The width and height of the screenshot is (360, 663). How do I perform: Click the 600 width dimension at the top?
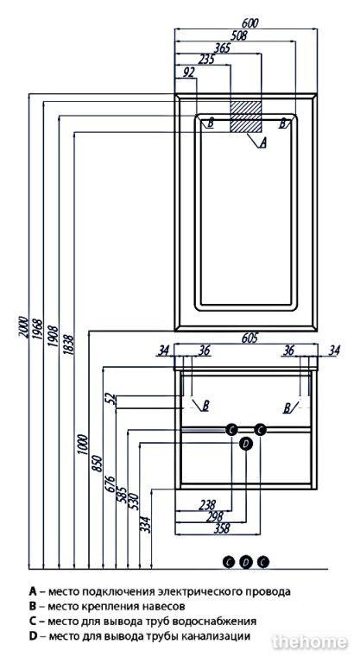tap(250, 22)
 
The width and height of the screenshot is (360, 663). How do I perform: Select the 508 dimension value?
tap(237, 35)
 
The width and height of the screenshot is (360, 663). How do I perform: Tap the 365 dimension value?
tap(221, 47)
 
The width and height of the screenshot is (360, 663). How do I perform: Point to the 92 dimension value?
tap(188, 73)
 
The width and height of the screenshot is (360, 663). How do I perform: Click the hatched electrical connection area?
tap(246, 117)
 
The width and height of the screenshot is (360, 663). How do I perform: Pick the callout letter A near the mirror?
tap(262, 143)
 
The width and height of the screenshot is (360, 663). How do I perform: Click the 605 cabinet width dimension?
tap(249, 338)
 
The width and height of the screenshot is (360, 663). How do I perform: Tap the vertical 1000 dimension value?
tap(83, 444)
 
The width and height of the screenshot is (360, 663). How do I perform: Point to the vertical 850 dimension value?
tap(98, 464)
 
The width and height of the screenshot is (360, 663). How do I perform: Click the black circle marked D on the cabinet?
tap(246, 443)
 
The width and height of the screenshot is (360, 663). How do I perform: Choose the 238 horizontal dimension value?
tap(206, 504)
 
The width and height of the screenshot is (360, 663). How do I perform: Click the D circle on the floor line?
tap(246, 562)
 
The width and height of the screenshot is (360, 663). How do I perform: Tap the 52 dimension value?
tap(111, 399)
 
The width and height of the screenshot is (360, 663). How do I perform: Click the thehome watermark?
tap(310, 642)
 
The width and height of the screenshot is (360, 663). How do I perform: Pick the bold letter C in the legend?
tap(33, 622)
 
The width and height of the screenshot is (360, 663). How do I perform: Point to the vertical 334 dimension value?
tap(146, 524)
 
